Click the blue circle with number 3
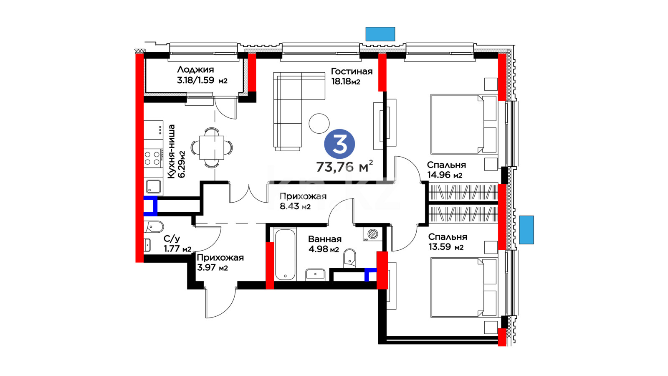tap(339, 144)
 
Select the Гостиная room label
tap(352, 71)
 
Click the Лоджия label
tap(195, 70)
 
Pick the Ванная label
tap(324, 239)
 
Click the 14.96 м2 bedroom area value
tap(445, 175)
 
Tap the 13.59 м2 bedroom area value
tap(446, 247)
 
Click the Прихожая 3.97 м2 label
tap(220, 262)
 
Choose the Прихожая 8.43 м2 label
tap(302, 201)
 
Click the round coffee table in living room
tap(319, 124)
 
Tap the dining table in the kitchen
tap(212, 147)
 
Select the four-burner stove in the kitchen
tap(152, 158)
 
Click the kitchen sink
tap(153, 186)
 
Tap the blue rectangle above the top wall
tap(380, 34)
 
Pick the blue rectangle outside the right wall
tap(526, 229)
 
